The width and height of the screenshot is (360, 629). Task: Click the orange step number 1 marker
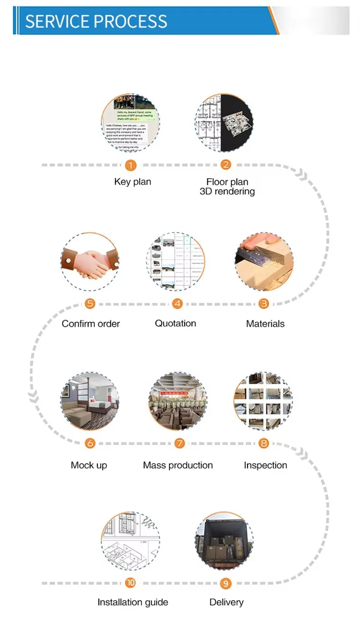tap(131, 165)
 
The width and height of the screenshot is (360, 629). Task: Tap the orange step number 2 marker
tap(226, 165)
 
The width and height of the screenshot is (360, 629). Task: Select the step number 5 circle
tap(90, 304)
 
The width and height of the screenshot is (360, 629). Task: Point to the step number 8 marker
tap(264, 443)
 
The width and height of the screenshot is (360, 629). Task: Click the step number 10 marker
tap(131, 583)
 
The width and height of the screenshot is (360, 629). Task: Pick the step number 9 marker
tap(226, 583)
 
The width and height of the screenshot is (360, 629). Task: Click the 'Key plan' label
tap(133, 181)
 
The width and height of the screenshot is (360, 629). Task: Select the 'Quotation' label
tap(175, 323)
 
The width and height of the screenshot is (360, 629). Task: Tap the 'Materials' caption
tap(265, 324)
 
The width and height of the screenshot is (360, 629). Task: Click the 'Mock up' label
tap(89, 465)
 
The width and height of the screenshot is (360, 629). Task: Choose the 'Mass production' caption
tap(178, 465)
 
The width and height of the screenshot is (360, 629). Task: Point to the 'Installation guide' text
tap(133, 602)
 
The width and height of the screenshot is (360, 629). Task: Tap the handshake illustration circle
tap(90, 262)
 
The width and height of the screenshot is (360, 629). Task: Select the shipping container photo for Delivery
tap(224, 541)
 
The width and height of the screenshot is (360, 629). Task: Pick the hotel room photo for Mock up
tap(90, 401)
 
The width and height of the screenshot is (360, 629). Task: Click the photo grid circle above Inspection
tap(263, 401)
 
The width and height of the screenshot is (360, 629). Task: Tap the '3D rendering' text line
tap(227, 191)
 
